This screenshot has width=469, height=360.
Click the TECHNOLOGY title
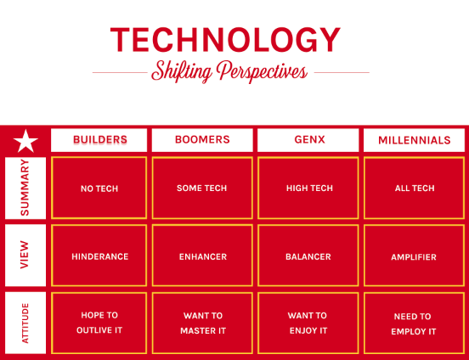(x=225, y=40)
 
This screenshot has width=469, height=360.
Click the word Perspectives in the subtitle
(x=263, y=72)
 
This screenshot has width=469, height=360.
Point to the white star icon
(x=25, y=141)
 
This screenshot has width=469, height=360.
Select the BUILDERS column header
(x=99, y=140)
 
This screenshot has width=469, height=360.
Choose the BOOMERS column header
(x=202, y=140)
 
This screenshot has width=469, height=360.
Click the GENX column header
(x=308, y=140)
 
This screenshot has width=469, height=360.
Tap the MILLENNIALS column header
(x=415, y=140)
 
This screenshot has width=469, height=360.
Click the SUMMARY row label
(x=25, y=188)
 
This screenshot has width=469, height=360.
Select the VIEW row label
(x=25, y=255)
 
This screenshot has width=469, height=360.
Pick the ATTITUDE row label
(x=25, y=323)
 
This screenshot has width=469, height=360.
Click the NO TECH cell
(x=99, y=188)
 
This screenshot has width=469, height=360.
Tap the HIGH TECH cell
(x=308, y=188)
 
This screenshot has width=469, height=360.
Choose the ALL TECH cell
(x=415, y=188)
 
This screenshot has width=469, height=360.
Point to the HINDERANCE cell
(x=99, y=256)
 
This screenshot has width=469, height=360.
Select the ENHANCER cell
(x=202, y=256)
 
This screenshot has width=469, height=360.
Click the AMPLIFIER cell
(x=415, y=256)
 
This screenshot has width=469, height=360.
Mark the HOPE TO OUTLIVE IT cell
(x=99, y=323)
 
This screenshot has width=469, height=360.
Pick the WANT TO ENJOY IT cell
(x=308, y=323)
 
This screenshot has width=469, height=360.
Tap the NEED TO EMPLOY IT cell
(x=415, y=323)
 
